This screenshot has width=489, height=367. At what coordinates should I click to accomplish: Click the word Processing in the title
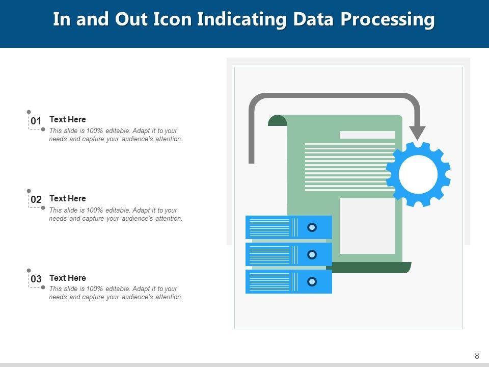tap(388, 19)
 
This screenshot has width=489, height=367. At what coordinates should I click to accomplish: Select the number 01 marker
tap(36, 121)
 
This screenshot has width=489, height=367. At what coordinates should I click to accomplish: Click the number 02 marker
tap(36, 200)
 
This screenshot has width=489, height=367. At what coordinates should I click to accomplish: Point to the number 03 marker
tap(36, 279)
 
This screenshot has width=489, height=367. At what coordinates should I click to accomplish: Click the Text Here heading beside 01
tap(68, 119)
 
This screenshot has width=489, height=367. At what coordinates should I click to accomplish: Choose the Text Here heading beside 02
tap(68, 198)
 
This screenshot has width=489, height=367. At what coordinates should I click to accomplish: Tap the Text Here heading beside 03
tap(68, 278)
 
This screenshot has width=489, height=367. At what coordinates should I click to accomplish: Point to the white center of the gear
tap(418, 174)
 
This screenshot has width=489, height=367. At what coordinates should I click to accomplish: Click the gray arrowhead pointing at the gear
tap(418, 133)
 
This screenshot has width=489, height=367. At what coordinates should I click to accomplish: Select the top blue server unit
tap(288, 227)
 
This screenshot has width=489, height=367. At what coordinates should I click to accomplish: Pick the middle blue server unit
tap(288, 254)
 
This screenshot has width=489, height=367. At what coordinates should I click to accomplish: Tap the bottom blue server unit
tap(288, 281)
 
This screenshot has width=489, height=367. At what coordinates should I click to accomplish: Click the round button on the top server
tap(312, 227)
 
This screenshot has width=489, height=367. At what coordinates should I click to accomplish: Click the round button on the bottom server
tap(312, 281)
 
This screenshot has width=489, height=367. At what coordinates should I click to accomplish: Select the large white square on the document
tap(367, 225)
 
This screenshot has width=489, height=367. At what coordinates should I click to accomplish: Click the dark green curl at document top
tap(277, 120)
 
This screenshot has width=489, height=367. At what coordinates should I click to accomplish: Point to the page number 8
tap(477, 356)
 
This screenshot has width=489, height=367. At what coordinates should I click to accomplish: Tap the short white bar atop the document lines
tap(367, 135)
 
